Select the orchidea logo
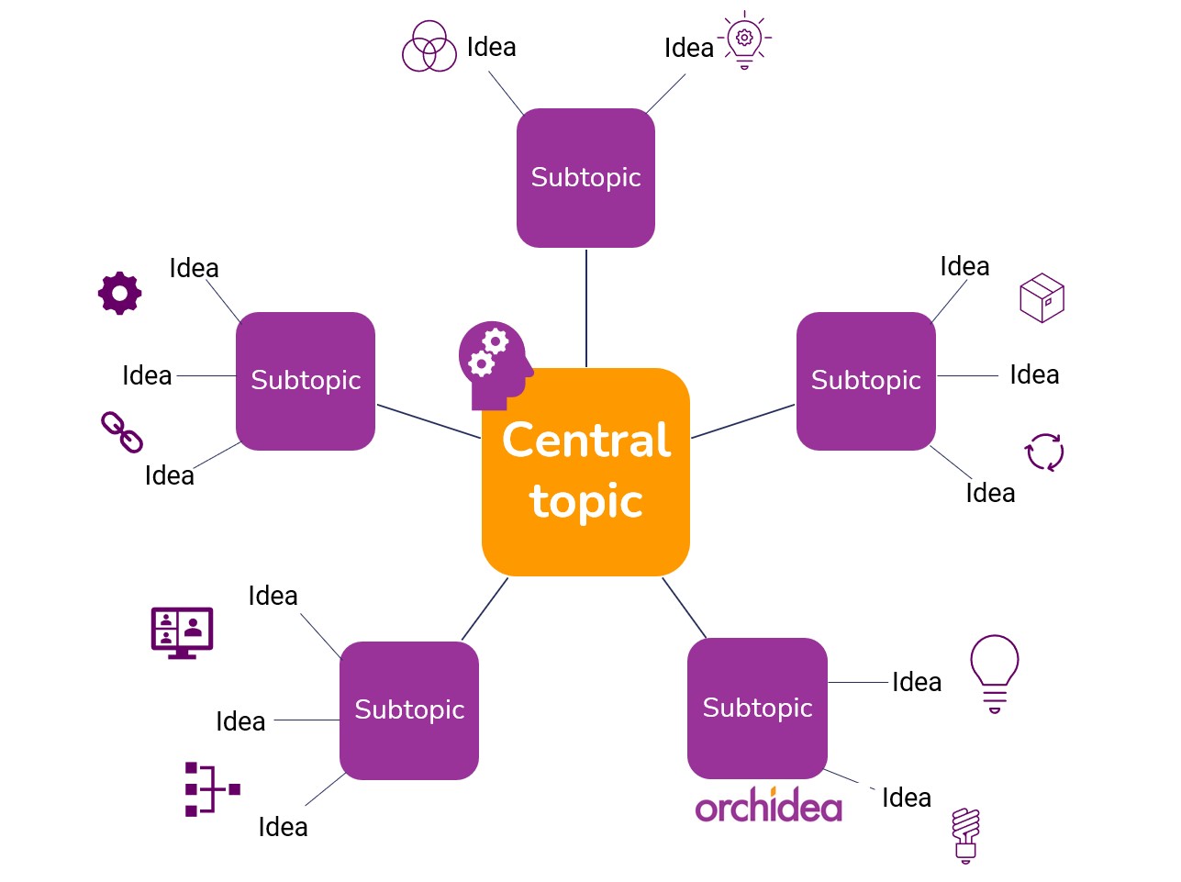(768, 805)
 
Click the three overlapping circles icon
(429, 47)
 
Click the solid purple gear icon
(120, 294)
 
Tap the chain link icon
(121, 432)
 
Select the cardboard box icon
(1042, 297)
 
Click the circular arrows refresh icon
(1044, 452)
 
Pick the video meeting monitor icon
(182, 631)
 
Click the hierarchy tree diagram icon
(210, 789)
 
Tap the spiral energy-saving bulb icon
(965, 834)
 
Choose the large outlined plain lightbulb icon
(995, 673)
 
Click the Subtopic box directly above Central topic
(585, 178)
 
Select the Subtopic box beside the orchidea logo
(757, 708)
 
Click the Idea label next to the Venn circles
(491, 47)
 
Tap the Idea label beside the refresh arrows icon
(990, 494)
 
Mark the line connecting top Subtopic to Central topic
(585, 307)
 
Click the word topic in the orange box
(585, 502)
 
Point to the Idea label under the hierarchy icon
(283, 827)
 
